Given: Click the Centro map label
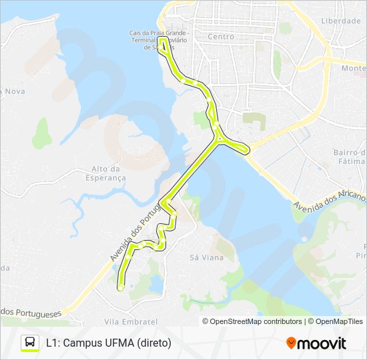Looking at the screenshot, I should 221,37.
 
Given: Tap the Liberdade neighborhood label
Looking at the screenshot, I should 341,21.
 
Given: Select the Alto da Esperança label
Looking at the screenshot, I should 109,173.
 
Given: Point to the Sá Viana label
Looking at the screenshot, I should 203,257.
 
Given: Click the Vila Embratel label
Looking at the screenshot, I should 131,321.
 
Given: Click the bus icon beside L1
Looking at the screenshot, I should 30,343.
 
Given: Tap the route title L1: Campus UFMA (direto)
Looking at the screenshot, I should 109,343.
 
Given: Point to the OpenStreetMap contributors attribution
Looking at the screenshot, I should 252,321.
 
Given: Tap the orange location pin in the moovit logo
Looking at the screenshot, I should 291,343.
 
